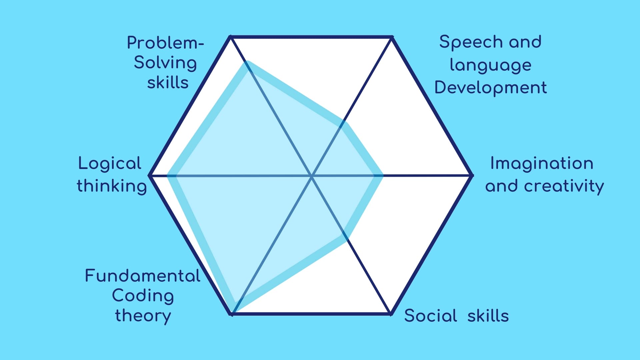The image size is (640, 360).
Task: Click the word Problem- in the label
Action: (165, 43)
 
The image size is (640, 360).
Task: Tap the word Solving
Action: (165, 63)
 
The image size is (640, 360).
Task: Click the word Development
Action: (491, 88)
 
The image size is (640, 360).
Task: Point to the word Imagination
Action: (542, 164)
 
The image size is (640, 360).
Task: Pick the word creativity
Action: (564, 186)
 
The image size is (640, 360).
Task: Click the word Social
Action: (430, 315)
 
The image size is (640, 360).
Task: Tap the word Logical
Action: (110, 164)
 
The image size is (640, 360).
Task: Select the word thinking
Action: (112, 186)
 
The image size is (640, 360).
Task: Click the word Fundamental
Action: (143, 276)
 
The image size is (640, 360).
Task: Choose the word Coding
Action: (143, 296)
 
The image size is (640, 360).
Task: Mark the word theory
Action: (143, 316)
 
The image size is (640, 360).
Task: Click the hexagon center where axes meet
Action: (312, 176)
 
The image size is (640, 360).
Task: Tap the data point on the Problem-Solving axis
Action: (248, 65)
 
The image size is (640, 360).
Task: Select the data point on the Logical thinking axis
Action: (171, 175)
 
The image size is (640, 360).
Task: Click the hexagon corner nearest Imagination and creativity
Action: (472, 175)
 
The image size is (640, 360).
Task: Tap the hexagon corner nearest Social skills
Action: (391, 314)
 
